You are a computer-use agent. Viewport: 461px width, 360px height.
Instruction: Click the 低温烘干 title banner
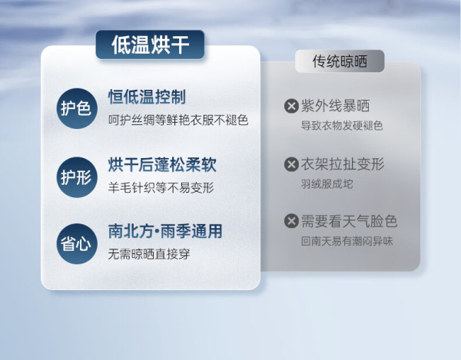coord(150,45)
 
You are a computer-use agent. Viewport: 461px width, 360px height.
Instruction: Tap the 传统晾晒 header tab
coord(340,61)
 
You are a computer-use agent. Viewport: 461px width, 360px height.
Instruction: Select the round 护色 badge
coord(77,108)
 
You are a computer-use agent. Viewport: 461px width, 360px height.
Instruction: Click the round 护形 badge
coord(77,177)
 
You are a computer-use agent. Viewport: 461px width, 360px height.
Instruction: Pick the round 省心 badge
coord(77,244)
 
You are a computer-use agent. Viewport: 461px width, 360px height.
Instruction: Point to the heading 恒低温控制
coord(147,97)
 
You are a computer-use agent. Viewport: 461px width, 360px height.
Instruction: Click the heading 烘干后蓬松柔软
coord(162,165)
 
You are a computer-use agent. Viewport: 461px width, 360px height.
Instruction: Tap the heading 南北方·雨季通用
coord(165,231)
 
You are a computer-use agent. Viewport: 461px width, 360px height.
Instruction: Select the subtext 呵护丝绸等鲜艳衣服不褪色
coord(178,120)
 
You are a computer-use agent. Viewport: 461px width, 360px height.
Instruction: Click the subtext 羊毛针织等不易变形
coord(161,187)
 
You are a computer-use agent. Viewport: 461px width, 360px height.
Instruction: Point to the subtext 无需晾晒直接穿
coord(149,254)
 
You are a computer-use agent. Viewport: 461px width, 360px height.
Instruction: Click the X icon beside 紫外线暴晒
coord(291,106)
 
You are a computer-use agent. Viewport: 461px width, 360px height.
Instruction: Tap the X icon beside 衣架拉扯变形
coord(291,164)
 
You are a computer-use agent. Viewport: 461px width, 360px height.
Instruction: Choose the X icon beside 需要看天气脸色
coord(291,221)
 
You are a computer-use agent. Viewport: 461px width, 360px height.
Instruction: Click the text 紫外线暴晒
coord(335,106)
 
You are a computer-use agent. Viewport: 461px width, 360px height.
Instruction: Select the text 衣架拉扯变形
coord(343,164)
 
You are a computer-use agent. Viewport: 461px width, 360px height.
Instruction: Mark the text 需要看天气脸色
coord(350,221)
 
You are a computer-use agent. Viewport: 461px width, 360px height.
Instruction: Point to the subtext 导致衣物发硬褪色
coord(342,126)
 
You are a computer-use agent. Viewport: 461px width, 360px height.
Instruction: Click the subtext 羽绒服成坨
coord(327,184)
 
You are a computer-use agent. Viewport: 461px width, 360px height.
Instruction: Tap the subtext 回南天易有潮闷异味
coord(347,241)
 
